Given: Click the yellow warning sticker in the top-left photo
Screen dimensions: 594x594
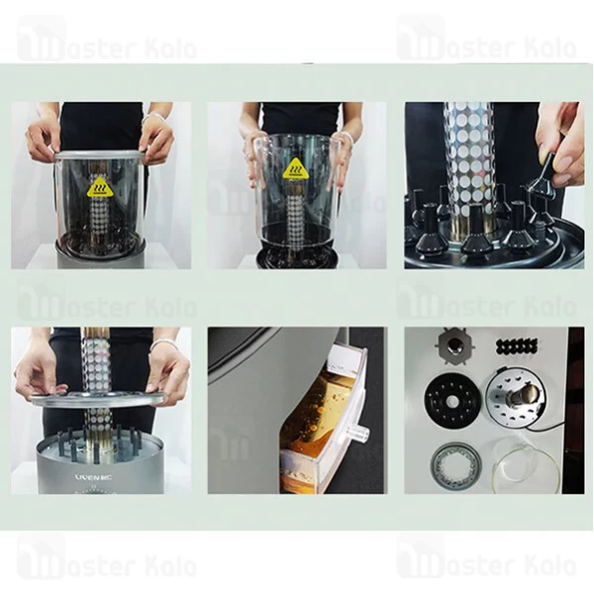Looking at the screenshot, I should click(99, 187).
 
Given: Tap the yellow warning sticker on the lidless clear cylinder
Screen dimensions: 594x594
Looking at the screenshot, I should click(295, 168).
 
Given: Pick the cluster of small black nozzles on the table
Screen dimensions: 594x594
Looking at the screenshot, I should click(516, 346).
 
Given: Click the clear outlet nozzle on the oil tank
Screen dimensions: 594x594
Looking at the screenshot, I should click(359, 435).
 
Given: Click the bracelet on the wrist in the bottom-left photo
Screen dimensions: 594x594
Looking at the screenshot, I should click(161, 345).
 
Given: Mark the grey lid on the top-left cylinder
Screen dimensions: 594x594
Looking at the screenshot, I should click(99, 154).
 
